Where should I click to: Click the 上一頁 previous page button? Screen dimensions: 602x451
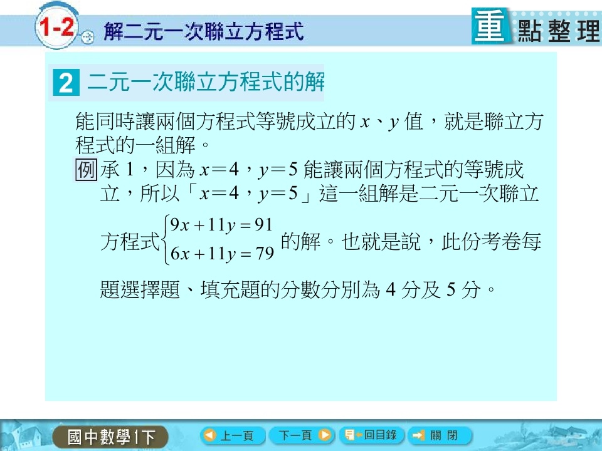click(232, 435)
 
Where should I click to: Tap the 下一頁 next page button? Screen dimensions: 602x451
click(302, 435)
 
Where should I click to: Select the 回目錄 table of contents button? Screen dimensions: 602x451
click(371, 435)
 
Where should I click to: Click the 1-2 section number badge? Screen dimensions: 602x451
click(57, 28)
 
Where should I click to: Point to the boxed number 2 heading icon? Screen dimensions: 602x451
click(66, 83)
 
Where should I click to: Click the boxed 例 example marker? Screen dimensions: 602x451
click(86, 170)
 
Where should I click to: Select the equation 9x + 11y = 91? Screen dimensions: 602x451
click(221, 225)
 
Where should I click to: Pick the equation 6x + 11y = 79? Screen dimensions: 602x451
click(222, 254)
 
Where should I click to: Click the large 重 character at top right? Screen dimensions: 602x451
click(490, 26)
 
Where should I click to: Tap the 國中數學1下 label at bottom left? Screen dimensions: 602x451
click(111, 437)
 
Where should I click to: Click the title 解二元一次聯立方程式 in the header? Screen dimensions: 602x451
click(204, 31)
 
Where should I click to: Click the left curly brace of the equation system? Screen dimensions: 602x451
click(165, 240)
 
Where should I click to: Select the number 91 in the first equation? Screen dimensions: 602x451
click(263, 224)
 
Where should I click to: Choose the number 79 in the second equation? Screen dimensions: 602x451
click(265, 253)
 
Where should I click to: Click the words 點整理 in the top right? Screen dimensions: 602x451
click(558, 31)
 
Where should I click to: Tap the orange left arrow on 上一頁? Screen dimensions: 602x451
click(210, 435)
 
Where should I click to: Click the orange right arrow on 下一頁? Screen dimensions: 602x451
click(325, 435)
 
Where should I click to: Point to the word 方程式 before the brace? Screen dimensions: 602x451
click(130, 242)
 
